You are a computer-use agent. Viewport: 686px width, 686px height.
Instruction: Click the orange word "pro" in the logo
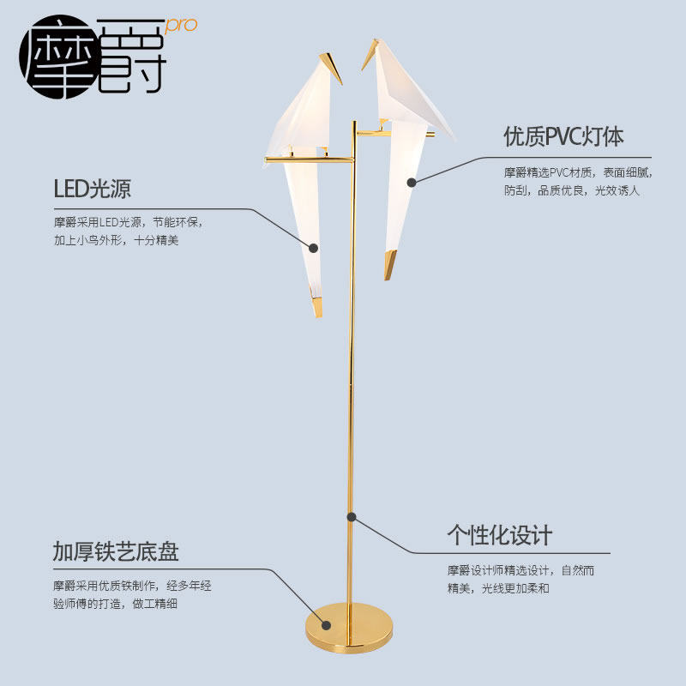181,24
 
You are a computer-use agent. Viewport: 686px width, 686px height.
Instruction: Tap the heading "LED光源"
92,189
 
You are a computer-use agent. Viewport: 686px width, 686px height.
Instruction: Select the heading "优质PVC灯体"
563,136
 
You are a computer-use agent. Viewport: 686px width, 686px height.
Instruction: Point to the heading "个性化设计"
499,536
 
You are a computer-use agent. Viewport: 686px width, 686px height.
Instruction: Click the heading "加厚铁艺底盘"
116,551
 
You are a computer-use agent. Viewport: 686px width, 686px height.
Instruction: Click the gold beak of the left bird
330,67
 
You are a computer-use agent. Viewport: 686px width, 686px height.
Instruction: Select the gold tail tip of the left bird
316,304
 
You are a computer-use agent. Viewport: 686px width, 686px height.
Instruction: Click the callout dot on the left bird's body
314,248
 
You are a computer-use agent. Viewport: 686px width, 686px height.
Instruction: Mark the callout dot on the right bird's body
412,182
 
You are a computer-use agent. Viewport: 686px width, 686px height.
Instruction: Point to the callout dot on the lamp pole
352,516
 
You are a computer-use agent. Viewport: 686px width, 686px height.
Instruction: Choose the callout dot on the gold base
326,624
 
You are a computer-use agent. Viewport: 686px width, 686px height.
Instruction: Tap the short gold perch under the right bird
370,132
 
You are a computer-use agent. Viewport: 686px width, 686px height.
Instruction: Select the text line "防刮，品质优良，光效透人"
571,190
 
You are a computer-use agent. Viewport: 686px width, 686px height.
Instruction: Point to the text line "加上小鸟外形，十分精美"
116,241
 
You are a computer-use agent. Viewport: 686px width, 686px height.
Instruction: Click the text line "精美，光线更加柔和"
497,588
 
